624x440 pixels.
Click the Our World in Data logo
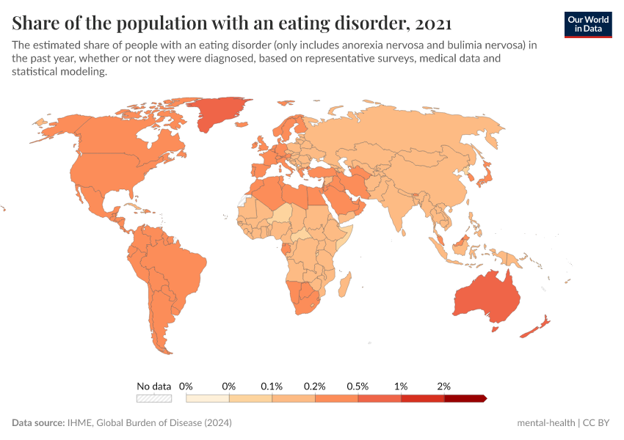587,24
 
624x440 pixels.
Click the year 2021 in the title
432,23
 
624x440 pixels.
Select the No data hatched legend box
153,398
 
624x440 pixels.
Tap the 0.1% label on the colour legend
272,386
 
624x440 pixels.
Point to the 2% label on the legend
443,386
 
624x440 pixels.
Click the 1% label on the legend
401,386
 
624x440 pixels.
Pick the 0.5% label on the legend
358,386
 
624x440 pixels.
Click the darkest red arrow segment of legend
464,398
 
